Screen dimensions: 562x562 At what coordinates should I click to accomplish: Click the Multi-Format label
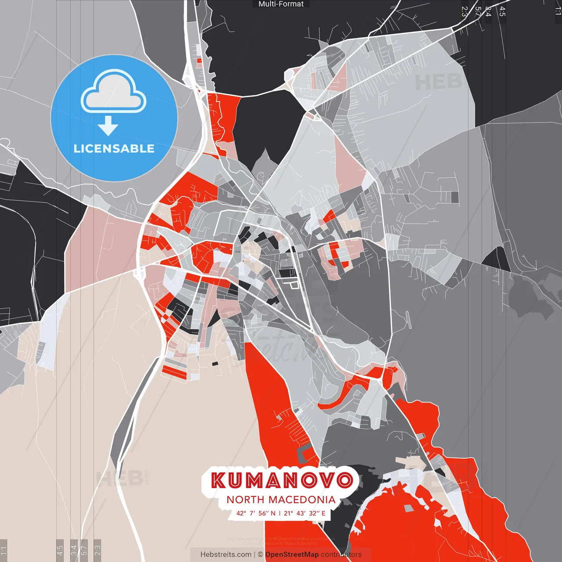[281, 4]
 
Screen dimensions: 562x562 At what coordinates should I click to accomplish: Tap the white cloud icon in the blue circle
[114, 93]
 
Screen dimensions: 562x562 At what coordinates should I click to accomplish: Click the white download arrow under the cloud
[108, 126]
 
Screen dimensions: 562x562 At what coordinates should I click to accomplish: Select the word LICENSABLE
[114, 148]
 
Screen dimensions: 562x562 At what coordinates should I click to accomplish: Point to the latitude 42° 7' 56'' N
[256, 513]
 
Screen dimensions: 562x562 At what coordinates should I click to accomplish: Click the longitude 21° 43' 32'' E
[305, 513]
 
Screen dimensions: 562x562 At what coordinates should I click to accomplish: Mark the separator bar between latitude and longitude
[280, 513]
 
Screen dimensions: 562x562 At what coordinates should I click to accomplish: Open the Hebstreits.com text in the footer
[226, 555]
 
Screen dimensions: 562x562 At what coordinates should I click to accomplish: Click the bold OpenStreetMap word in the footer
[292, 555]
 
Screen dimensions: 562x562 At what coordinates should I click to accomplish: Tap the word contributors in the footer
[341, 555]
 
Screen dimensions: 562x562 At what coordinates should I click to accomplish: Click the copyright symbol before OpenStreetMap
[260, 555]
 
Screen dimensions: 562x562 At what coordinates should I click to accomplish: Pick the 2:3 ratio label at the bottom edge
[97, 550]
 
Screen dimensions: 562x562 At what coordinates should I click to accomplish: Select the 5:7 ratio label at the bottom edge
[84, 550]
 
